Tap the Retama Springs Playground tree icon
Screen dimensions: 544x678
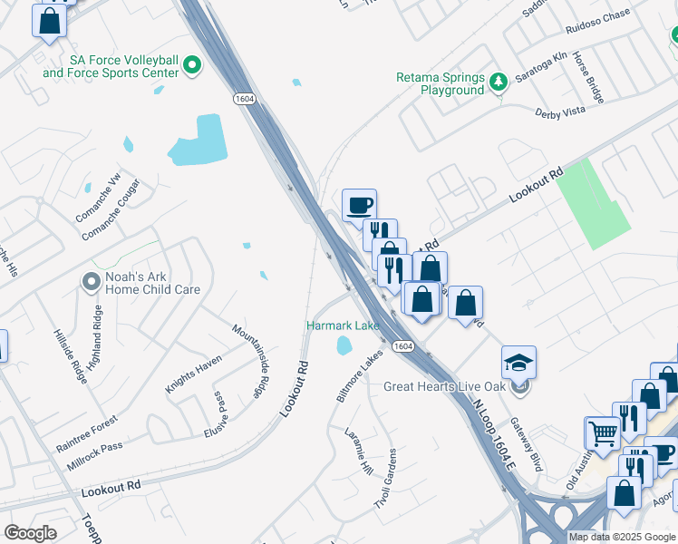coord(498,83)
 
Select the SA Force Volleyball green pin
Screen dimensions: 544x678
coord(192,65)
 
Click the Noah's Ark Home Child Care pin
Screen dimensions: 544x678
coord(91,282)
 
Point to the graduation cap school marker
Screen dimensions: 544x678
coord(518,363)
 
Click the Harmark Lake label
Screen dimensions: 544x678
coord(342,325)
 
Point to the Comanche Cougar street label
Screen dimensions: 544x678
coord(114,219)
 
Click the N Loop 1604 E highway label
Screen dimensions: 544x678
coord(493,436)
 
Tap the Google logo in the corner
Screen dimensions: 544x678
coord(31,533)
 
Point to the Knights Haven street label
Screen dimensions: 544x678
coord(193,374)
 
